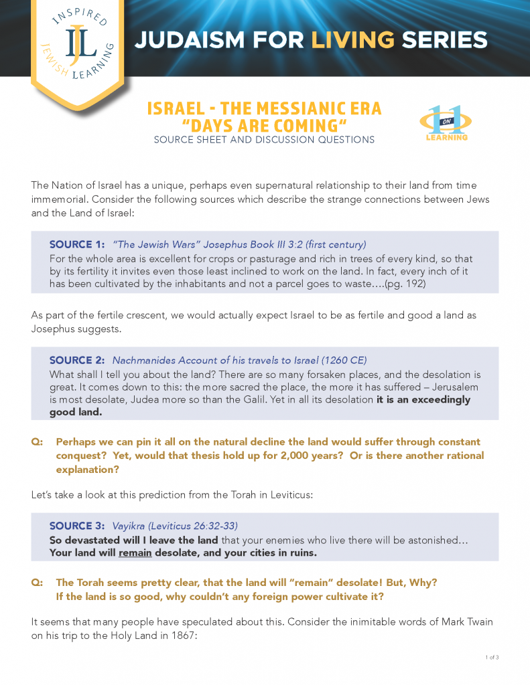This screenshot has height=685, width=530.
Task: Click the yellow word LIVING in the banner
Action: pyautogui.click(x=352, y=40)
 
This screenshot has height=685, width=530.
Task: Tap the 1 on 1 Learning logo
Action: pyautogui.click(x=446, y=122)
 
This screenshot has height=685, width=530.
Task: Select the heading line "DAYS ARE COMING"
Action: pyautogui.click(x=264, y=126)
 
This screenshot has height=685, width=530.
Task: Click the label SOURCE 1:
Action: pyautogui.click(x=77, y=245)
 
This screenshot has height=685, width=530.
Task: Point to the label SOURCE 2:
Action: pyautogui.click(x=77, y=360)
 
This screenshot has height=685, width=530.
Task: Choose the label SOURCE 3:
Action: pyautogui.click(x=77, y=526)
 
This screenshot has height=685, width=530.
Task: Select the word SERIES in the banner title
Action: pyautogui.click(x=444, y=40)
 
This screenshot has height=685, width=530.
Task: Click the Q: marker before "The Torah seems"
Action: pyautogui.click(x=38, y=582)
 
